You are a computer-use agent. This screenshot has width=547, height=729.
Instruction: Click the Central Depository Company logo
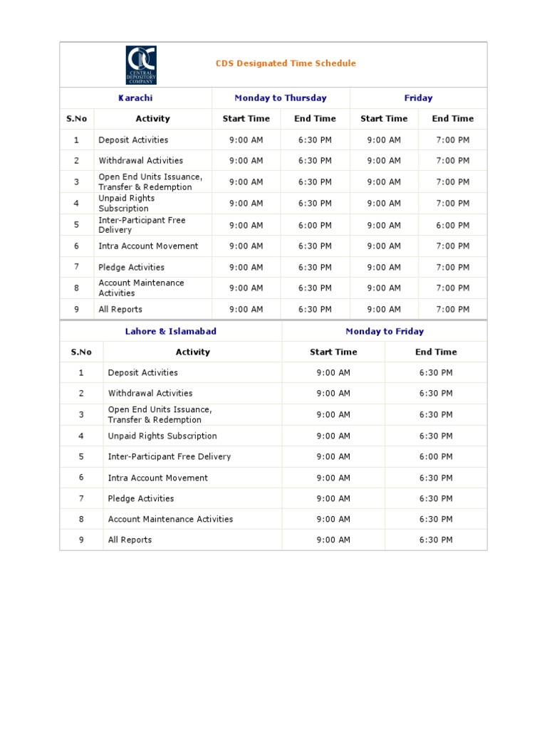point(141,65)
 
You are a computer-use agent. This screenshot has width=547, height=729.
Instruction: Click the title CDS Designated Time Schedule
point(286,63)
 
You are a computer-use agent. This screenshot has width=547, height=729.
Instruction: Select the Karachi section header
point(135,98)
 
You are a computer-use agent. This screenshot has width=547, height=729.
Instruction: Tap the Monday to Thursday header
point(281,98)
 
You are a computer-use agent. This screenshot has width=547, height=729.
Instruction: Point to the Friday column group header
point(418,98)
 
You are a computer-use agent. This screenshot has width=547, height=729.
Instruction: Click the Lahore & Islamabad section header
point(171,332)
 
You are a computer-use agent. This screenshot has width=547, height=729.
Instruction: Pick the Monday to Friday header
point(385,332)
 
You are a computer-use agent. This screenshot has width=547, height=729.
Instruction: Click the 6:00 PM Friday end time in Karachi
point(452,226)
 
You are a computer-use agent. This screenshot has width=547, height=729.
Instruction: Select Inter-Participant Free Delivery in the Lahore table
point(170,457)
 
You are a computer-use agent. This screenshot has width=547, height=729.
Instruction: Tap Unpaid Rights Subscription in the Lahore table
point(162,436)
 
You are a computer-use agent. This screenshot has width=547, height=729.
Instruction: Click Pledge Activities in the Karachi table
point(132,268)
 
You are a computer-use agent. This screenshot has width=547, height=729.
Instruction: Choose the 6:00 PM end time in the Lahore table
point(436,457)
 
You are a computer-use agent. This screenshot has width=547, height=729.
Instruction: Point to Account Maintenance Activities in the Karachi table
point(141,288)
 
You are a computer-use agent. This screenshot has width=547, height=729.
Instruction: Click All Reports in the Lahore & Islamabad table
point(130,540)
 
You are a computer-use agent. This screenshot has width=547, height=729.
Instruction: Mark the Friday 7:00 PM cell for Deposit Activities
point(452,140)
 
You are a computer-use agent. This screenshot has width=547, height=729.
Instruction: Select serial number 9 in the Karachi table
point(76,310)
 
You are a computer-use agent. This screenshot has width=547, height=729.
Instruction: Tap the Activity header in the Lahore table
point(192,352)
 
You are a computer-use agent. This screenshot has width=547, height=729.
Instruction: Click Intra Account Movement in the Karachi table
point(148,246)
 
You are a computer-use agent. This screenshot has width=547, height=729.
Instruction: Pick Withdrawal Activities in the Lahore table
point(150,394)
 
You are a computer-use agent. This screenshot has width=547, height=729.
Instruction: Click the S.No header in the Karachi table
point(77,119)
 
